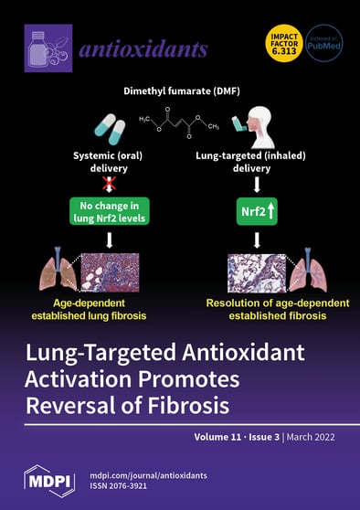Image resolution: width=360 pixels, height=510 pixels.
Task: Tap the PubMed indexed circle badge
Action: click(323, 43)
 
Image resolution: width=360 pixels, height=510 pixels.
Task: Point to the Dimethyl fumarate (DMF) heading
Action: click(180, 92)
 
